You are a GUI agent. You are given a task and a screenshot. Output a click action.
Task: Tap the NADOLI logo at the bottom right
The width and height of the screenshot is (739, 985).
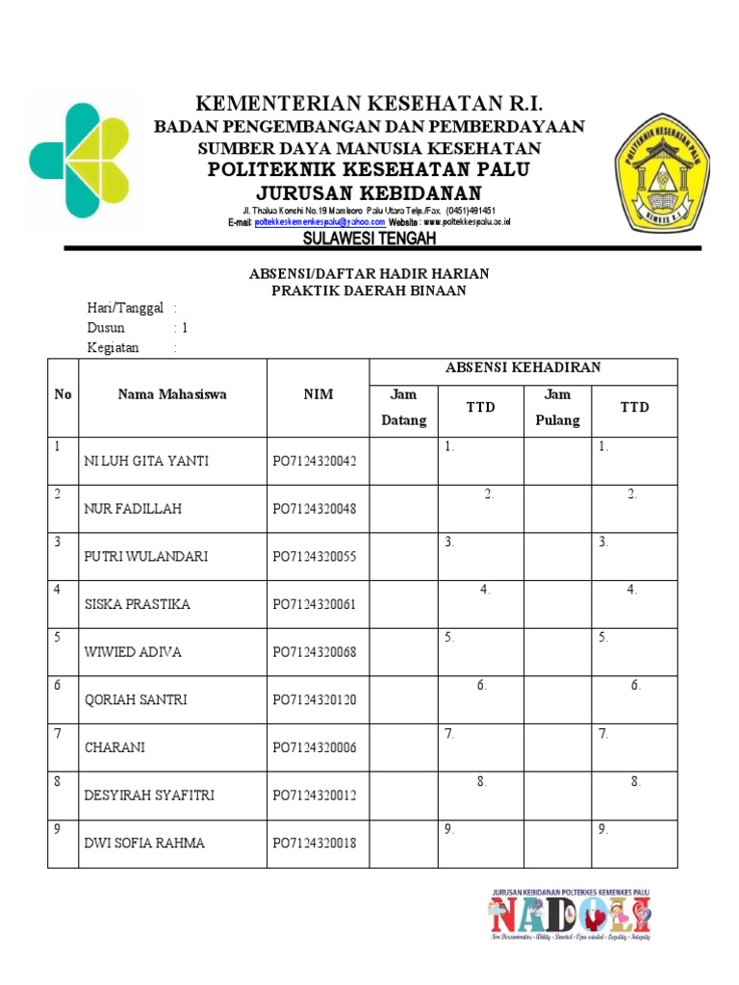[571, 915]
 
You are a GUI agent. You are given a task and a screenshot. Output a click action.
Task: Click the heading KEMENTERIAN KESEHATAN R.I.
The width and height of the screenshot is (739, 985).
[369, 104]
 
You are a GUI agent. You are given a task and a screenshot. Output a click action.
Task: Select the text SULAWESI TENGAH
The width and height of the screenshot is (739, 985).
[369, 238]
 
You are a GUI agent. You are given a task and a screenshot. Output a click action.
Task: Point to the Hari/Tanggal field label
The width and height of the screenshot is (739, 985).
[125, 308]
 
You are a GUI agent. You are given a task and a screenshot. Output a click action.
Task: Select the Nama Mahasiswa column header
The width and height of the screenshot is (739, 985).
[172, 394]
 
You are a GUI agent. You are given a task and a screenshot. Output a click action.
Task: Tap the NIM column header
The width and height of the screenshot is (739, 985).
[318, 394]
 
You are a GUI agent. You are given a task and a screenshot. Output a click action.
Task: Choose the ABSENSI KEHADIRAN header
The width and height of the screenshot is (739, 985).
[522, 368]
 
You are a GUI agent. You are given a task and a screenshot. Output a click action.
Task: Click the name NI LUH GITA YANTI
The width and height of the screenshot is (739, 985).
[146, 461]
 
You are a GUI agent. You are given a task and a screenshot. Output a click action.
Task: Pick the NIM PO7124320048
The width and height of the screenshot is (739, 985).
[314, 509]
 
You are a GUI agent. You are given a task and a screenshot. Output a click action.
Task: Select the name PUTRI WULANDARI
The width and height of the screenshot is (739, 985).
[146, 557]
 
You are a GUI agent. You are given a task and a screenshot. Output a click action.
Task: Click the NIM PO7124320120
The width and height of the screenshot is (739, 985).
[314, 700]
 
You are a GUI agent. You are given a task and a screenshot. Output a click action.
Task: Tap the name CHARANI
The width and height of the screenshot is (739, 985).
[114, 747]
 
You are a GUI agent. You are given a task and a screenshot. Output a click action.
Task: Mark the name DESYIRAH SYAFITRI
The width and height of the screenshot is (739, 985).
[149, 796]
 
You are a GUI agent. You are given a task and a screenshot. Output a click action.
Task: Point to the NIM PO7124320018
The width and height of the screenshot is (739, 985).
[314, 844]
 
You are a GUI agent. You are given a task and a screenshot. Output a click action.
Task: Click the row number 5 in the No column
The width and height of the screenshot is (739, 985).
[59, 637]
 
